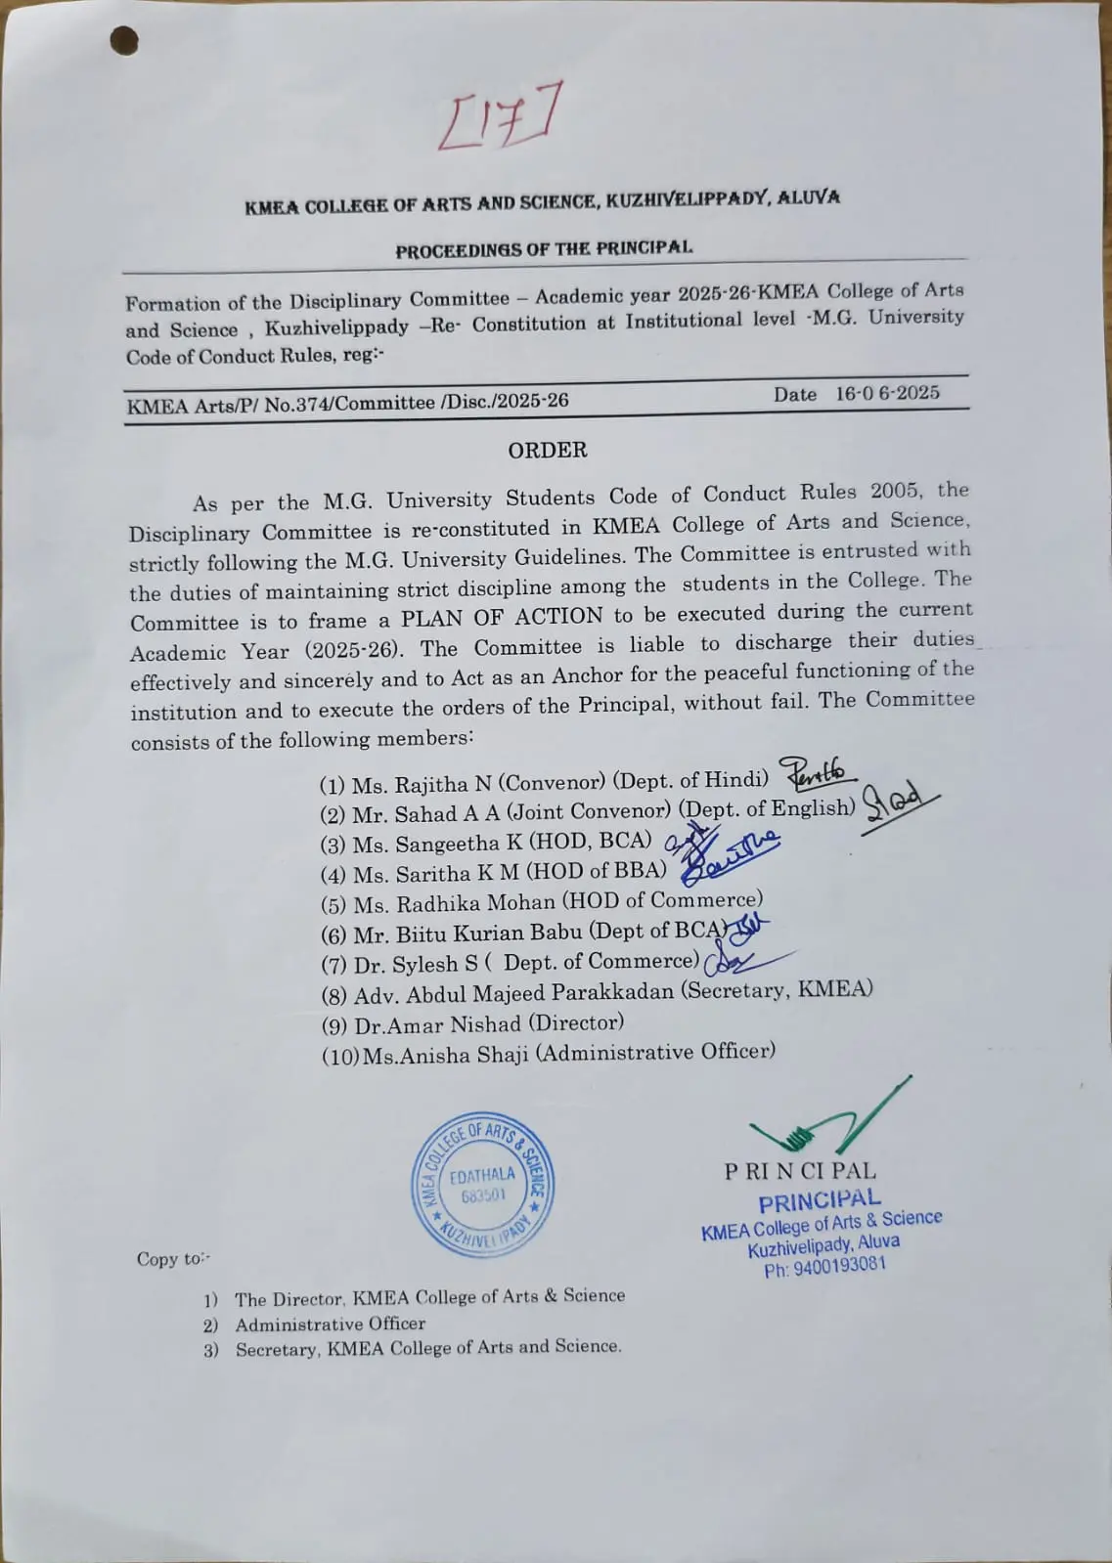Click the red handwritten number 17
click(500, 117)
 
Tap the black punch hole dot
click(124, 41)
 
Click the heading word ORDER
click(548, 450)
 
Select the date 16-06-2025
click(887, 393)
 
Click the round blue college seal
click(483, 1184)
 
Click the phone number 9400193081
click(839, 1266)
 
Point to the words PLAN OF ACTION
click(502, 618)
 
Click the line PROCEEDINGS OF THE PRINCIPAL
click(544, 249)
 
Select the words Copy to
click(171, 1259)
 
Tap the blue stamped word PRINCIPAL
click(820, 1200)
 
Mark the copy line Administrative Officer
click(330, 1324)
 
